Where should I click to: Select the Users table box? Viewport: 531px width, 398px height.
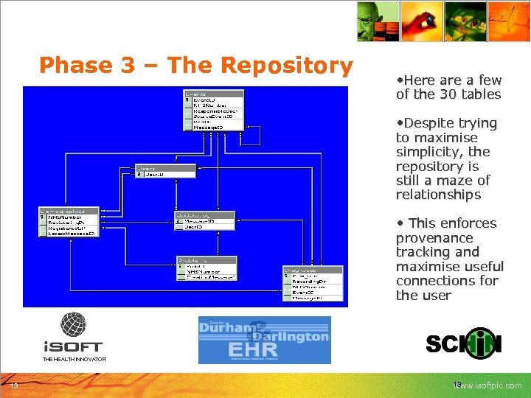pos(155,171)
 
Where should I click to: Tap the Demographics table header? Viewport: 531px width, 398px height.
pos(68,212)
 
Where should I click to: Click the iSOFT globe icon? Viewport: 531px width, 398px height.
pos(73,325)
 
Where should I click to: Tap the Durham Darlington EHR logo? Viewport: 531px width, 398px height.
pos(264,340)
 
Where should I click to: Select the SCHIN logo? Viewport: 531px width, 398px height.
pos(463,343)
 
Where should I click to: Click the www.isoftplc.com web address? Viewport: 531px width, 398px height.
pos(489,385)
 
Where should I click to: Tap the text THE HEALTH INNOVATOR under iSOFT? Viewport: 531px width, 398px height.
pos(74,360)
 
